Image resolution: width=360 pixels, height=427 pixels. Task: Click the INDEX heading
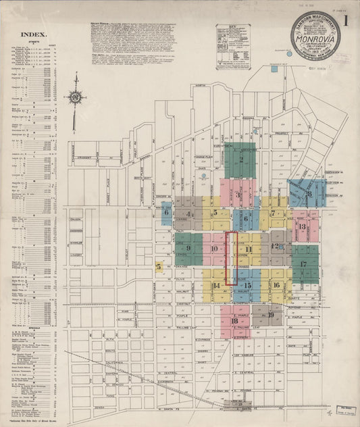33,33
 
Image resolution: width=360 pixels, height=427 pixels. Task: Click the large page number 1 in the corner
346,20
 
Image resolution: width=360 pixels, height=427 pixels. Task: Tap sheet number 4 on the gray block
188,215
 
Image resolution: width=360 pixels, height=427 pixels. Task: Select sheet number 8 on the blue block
309,194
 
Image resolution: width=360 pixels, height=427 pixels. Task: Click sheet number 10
214,249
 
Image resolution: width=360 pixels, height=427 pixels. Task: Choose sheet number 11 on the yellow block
249,249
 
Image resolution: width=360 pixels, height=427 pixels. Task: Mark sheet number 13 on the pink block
303,228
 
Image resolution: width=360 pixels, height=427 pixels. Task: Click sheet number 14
216,285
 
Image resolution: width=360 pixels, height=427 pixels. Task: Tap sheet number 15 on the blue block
248,285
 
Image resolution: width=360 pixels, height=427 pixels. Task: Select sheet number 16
276,285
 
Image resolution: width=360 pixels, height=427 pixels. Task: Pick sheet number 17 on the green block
304,263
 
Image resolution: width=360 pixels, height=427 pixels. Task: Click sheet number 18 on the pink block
234,320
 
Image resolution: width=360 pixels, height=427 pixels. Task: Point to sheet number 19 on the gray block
271,314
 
